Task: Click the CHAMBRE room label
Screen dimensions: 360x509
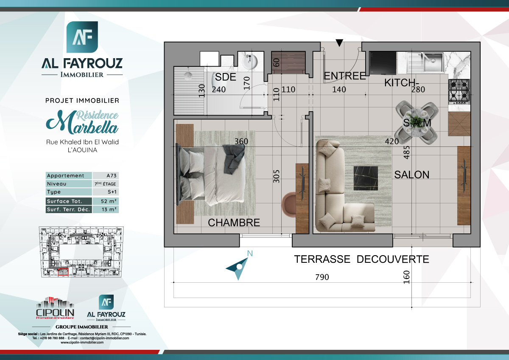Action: pos(234,222)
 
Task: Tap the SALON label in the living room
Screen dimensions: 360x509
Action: pos(411,174)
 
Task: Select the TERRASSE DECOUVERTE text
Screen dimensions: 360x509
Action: pos(361,259)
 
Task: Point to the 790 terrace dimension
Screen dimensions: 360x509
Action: pos(322,277)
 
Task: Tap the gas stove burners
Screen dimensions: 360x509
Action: pos(459,91)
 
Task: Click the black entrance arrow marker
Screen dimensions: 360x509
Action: pos(339,42)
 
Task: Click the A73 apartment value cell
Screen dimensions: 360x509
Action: pos(105,176)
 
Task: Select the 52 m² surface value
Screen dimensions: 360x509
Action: pos(105,201)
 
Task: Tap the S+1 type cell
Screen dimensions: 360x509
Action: pos(105,192)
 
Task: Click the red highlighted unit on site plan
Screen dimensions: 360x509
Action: pos(63,272)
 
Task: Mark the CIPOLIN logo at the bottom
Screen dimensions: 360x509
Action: pos(55,308)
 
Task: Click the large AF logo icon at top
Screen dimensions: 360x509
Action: pos(82,37)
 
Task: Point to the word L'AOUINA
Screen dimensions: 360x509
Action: pos(82,150)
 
